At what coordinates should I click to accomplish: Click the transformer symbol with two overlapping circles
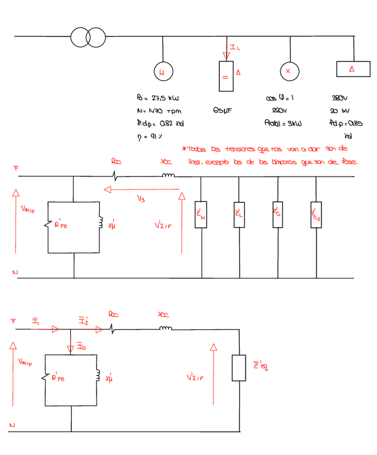click(88, 36)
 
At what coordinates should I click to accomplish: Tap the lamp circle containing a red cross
click(288, 71)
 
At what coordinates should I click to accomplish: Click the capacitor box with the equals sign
click(225, 77)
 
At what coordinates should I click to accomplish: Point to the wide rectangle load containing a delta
click(353, 69)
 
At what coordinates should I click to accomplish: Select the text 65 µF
click(222, 110)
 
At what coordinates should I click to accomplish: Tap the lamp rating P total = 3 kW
click(283, 123)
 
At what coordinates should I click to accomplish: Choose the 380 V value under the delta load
click(340, 98)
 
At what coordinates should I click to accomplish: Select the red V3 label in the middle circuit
click(141, 199)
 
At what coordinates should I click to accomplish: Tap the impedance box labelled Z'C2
click(316, 215)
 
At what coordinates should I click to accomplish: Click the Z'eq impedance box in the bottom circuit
click(239, 368)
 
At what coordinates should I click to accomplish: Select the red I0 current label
click(79, 346)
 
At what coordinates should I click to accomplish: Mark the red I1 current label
click(35, 321)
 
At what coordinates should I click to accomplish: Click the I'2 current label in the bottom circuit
click(84, 320)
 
